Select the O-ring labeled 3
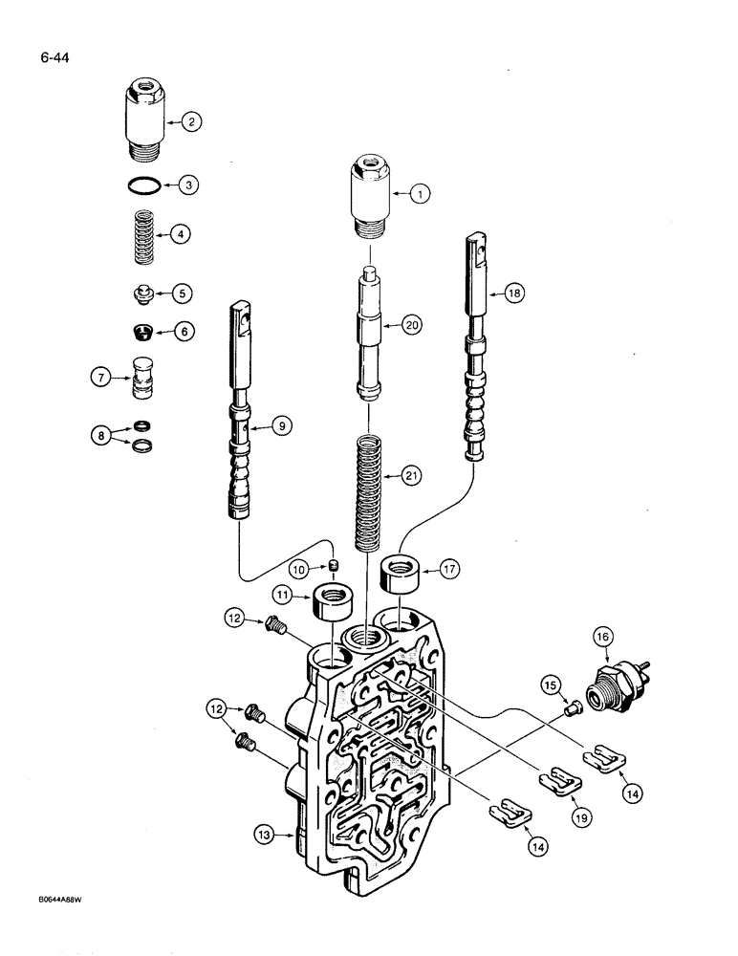pos(143,185)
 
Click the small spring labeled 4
pos(144,233)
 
